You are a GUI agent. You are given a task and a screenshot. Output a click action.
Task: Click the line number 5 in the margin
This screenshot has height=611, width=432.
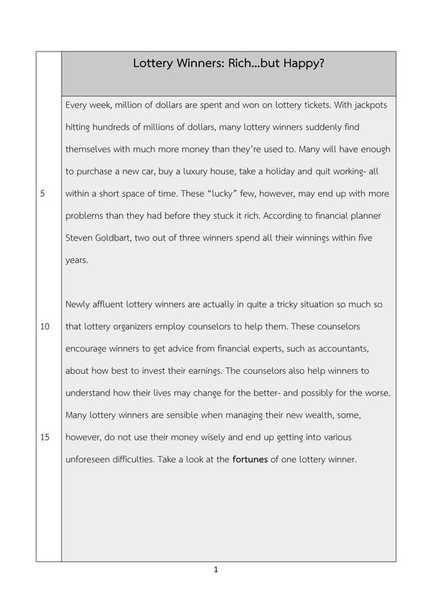43,193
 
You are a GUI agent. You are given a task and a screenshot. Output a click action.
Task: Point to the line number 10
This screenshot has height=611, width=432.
45,326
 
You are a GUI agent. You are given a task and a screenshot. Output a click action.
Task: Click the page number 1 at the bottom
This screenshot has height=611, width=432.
216,570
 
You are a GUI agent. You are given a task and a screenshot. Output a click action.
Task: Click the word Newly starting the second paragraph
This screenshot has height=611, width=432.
79,304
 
